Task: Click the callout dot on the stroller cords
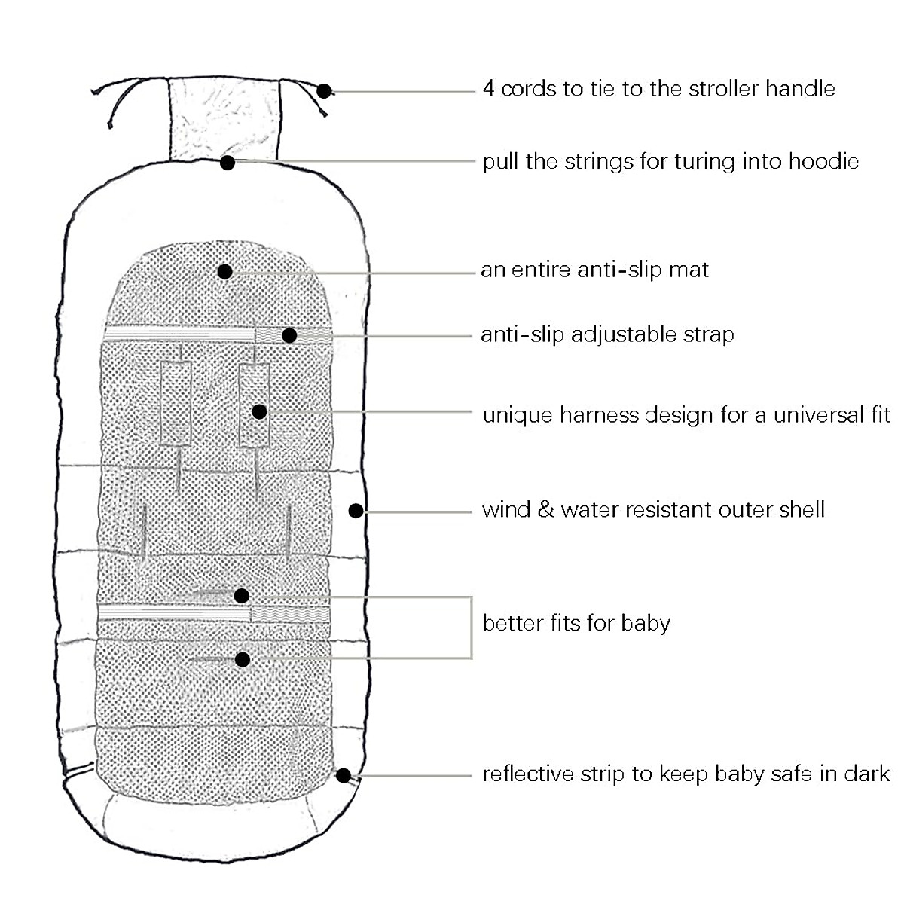324,91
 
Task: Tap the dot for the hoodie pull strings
228,161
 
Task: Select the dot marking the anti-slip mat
224,271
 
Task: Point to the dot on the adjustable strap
289,335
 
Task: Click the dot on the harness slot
259,411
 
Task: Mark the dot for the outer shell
356,511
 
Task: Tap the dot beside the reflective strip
343,774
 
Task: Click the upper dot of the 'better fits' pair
242,596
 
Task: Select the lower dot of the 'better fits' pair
242,660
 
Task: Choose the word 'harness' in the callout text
600,415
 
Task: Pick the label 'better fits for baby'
576,623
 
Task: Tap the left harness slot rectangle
176,402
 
